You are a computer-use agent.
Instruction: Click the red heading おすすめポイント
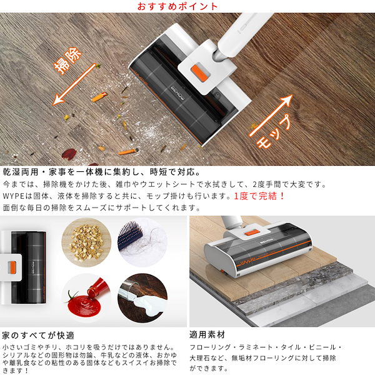click(x=177, y=6)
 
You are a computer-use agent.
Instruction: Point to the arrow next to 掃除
click(x=74, y=84)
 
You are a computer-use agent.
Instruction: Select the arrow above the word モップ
click(x=271, y=116)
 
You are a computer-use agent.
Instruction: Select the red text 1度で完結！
click(x=259, y=196)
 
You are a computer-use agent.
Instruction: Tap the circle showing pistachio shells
click(x=86, y=242)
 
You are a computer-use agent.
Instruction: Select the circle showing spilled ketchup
click(x=86, y=299)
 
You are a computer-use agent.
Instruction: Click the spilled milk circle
click(x=142, y=299)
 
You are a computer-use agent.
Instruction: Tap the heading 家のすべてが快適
click(x=38, y=336)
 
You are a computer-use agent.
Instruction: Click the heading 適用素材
click(x=207, y=334)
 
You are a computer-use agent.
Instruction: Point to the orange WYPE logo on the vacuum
click(x=247, y=261)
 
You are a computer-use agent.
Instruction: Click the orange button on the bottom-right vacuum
click(x=251, y=232)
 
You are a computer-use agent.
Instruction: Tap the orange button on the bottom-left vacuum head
click(x=12, y=267)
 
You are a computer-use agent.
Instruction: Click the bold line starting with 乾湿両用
click(x=101, y=172)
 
